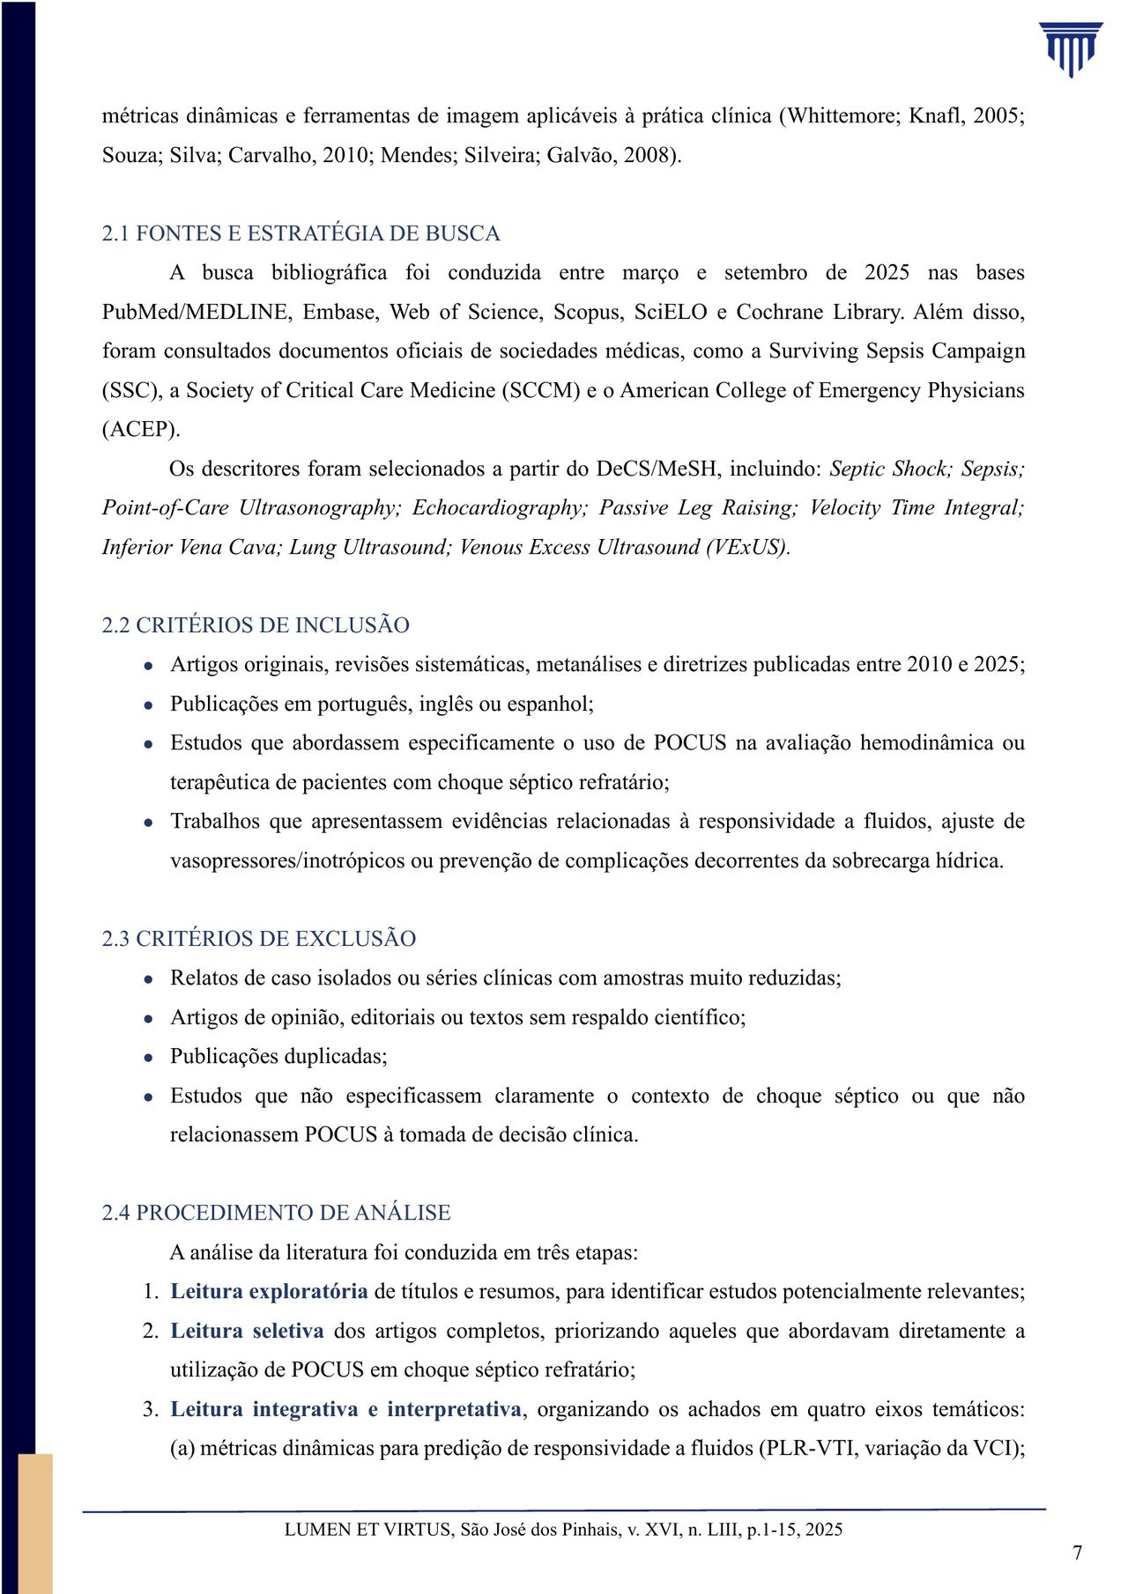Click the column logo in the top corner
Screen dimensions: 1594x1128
1071,49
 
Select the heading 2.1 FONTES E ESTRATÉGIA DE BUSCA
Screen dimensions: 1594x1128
301,233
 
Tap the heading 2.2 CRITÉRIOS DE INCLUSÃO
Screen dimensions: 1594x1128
256,625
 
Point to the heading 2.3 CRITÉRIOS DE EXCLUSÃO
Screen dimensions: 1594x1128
259,939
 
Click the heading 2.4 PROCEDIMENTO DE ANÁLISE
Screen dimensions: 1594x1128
276,1213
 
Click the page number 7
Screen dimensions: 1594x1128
1077,1553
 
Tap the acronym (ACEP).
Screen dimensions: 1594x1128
141,430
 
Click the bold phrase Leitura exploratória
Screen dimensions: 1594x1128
269,1292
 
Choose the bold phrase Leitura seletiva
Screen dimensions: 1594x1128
247,1331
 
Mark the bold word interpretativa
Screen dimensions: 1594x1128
454,1409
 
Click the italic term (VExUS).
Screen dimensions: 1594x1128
747,548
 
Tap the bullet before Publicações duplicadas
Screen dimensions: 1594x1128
150,1058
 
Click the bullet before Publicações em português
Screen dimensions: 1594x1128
150,705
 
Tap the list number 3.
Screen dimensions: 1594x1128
150,1409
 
